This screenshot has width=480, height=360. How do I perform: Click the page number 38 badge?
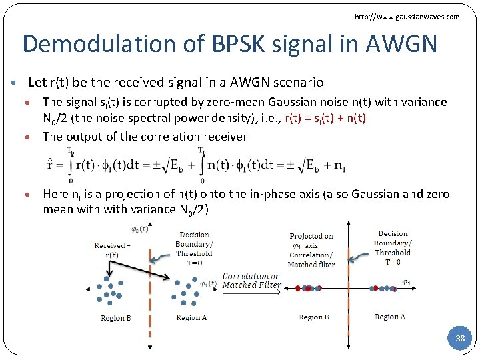click(459, 339)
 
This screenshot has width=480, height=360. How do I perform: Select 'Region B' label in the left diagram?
click(116, 318)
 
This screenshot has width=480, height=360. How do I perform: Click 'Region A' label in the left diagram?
click(191, 318)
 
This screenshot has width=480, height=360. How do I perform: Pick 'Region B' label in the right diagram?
click(313, 317)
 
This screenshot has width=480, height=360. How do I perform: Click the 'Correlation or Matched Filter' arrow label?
click(251, 281)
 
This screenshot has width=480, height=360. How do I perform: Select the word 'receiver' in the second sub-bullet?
click(224, 137)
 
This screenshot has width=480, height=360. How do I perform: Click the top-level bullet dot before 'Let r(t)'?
click(15, 83)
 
